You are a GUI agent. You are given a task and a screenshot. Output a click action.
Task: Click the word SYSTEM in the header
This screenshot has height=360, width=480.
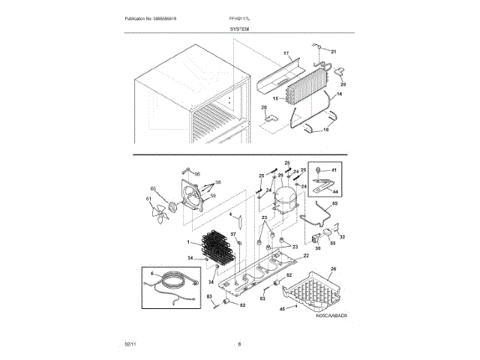coord(240,28)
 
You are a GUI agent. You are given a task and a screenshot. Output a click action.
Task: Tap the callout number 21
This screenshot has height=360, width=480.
coord(334,51)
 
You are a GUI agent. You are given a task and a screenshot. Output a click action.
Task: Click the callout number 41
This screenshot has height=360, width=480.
coord(334,171)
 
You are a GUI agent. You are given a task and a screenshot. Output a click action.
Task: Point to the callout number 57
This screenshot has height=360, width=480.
coord(233,235)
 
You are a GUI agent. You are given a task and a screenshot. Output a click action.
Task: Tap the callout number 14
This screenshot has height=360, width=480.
coord(337,94)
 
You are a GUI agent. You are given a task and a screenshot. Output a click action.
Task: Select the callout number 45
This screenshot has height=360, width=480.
coord(282,307)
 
